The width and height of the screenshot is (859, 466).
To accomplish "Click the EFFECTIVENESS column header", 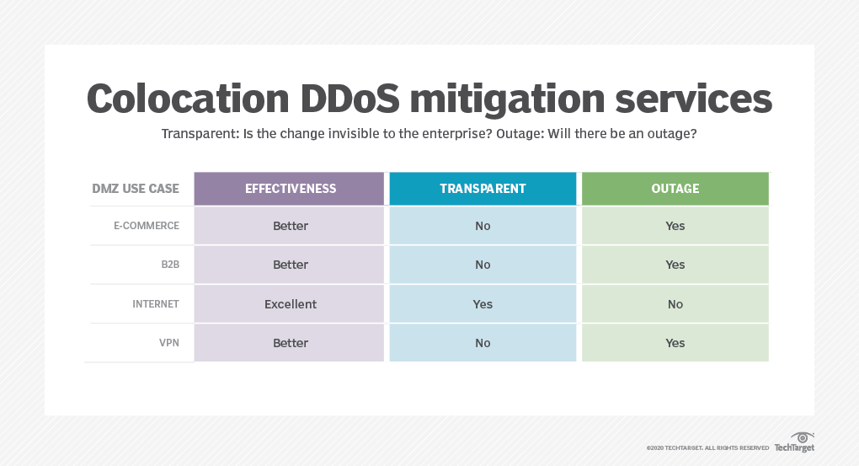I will (291, 189).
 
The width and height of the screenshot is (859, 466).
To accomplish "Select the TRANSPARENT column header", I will (483, 189).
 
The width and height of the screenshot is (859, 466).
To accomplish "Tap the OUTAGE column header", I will (675, 189).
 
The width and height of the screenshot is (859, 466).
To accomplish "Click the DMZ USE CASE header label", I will (136, 189).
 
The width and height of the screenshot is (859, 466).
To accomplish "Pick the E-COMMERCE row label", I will (147, 226).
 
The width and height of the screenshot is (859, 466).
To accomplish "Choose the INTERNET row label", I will (156, 304).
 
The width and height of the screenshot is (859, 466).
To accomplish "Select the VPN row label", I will (168, 343).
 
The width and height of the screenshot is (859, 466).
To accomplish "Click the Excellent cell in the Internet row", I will (291, 304).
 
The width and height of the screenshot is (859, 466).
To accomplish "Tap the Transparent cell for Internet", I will (483, 304).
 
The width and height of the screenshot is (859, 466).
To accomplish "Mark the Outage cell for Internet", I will (675, 304).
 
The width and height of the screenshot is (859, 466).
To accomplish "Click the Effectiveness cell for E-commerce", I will (291, 226).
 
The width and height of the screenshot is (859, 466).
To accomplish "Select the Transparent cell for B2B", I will (483, 265).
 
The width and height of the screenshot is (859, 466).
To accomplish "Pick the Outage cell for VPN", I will (675, 343).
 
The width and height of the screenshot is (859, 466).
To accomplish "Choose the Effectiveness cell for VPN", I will (291, 343).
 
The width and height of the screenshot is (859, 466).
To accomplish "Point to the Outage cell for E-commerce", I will (675, 226).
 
